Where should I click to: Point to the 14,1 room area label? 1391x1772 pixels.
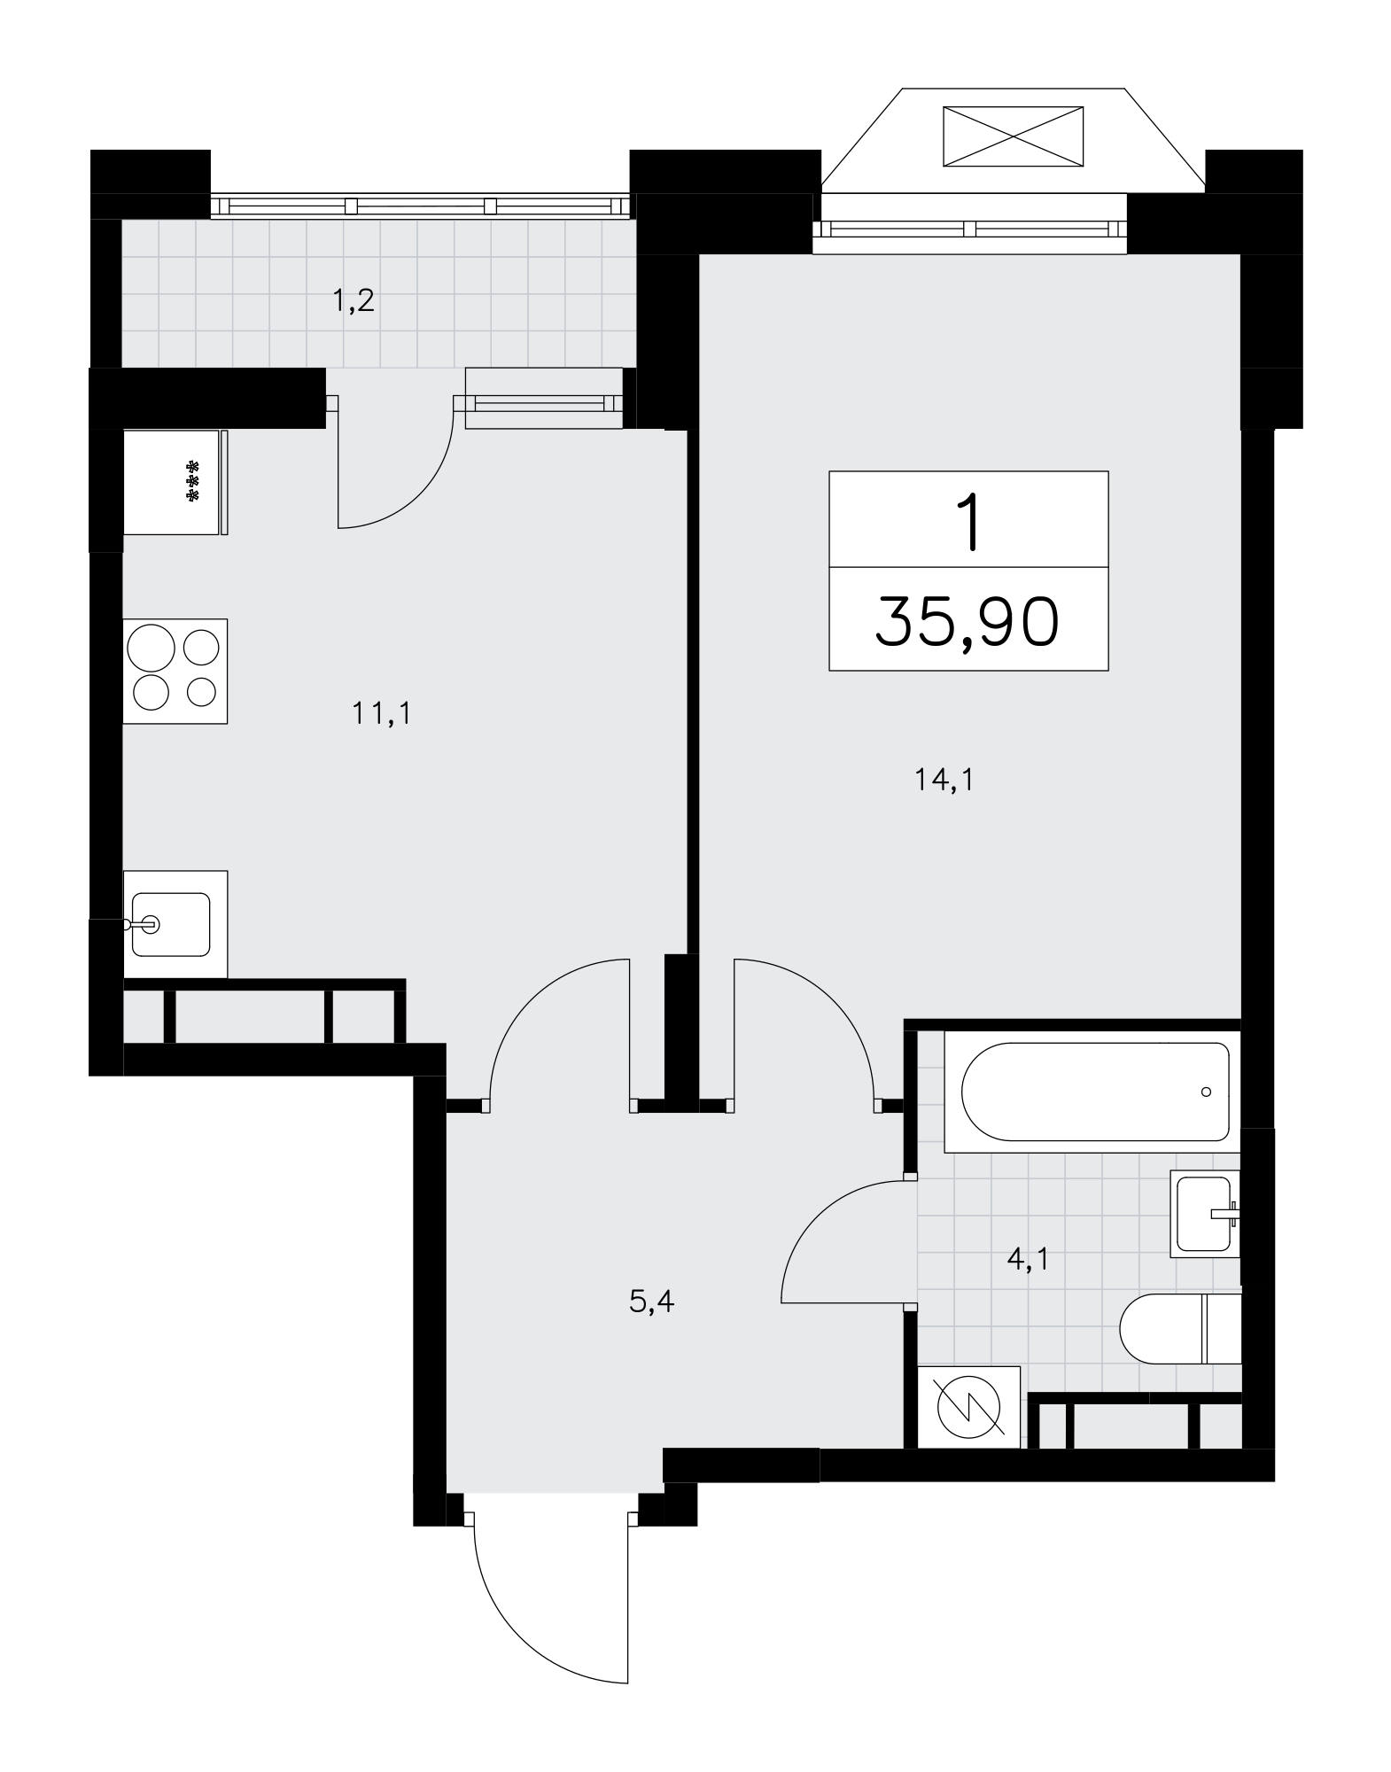tap(944, 781)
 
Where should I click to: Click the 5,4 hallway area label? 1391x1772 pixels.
tap(652, 1302)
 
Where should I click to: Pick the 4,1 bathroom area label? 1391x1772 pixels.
tap(1028, 1258)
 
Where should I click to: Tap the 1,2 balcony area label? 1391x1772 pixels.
tap(354, 301)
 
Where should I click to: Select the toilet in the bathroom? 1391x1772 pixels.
tap(1180, 1329)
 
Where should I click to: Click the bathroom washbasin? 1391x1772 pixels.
tap(1205, 1213)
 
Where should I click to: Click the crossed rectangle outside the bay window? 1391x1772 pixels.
tap(1013, 136)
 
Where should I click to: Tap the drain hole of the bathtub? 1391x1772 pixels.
tap(1206, 1092)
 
